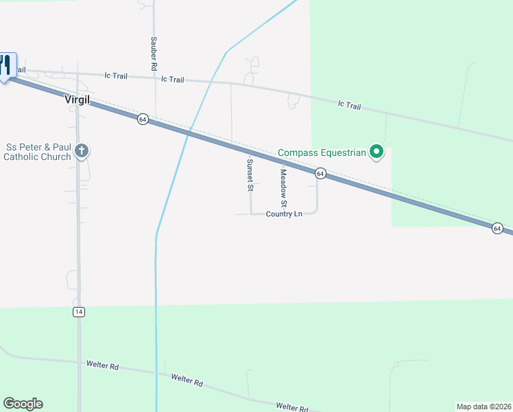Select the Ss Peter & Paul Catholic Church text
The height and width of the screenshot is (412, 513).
coord(38,152)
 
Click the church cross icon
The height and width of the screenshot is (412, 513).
coord(82,151)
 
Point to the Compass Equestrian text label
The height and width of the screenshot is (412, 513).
coord(322,152)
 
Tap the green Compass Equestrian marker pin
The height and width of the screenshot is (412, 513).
coord(376,151)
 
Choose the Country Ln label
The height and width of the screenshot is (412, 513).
coord(284,214)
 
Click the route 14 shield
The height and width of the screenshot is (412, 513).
coord(79,312)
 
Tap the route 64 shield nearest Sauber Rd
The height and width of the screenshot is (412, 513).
coord(142,119)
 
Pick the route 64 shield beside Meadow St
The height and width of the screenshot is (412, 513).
coord(320,174)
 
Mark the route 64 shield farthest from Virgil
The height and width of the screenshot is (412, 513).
coord(497,228)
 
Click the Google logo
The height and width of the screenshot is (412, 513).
coord(23,404)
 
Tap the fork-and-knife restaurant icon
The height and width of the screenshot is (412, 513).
coord(6,65)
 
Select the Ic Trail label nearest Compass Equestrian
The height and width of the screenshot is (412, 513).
coord(349,105)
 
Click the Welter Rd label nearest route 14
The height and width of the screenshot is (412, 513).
coord(102,365)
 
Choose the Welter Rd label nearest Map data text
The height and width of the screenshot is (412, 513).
coord(292,407)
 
